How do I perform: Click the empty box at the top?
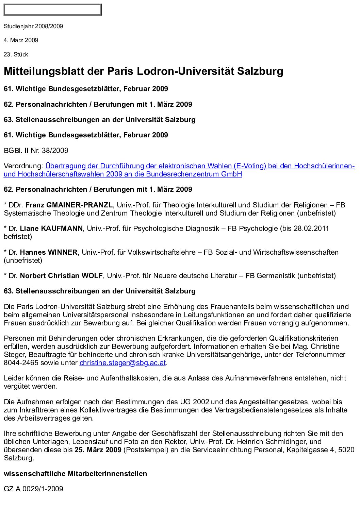pos(52,10)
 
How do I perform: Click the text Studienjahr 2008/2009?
pos(33,26)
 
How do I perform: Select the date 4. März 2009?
pos(21,40)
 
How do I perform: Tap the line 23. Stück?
pos(16,54)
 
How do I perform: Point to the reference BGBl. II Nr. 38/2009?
pos(36,150)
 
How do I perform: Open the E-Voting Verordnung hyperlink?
pos(200,166)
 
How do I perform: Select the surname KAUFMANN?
pos(62,228)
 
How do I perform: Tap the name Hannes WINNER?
pos(49,252)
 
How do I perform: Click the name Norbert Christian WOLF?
pos(61,276)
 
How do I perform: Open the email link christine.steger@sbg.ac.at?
pos(122,363)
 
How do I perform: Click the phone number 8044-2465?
pos(21,363)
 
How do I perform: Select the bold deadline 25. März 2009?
pos(98,450)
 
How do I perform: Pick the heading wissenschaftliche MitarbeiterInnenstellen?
pos(75,474)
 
